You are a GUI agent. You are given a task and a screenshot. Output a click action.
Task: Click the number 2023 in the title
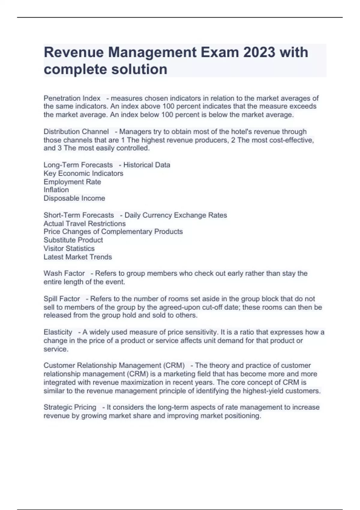tap(259, 52)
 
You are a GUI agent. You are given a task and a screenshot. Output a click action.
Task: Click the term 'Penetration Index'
tap(72, 98)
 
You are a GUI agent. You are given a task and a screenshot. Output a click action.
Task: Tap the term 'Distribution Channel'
tap(76, 132)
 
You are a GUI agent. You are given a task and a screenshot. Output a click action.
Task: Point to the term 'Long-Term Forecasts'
tap(78, 165)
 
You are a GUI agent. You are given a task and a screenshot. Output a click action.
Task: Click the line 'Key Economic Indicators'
tap(83, 173)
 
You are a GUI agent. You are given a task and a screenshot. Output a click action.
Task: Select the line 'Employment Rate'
tap(72, 182)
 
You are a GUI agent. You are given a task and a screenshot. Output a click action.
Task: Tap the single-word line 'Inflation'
tap(56, 190)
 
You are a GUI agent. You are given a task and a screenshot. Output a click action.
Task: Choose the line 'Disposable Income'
tap(74, 198)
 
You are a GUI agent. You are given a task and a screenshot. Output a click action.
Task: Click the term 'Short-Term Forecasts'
tap(79, 215)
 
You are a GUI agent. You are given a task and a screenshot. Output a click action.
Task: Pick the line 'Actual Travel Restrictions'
tap(85, 223)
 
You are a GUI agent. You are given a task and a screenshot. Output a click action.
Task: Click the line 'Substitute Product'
tap(73, 240)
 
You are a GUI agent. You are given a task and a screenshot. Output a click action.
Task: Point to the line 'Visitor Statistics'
tap(69, 248)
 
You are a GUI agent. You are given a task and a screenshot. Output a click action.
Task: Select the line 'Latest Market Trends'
tap(78, 257)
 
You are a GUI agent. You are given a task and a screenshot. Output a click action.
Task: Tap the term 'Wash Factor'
tap(64, 273)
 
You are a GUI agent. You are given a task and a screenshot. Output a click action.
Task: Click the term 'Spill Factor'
tap(62, 299)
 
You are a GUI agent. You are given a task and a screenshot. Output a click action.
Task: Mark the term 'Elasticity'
tap(58, 332)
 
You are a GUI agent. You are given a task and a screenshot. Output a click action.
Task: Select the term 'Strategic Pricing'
tap(70, 407)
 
